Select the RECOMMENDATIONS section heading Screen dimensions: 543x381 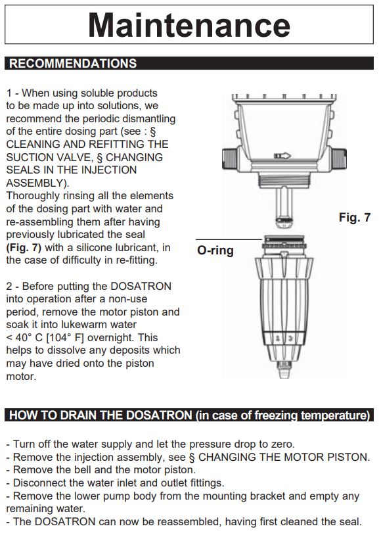tap(73, 64)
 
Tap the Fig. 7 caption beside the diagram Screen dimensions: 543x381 tap(354, 218)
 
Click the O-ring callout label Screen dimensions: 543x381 tap(215, 250)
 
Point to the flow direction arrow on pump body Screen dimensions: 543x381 tap(282, 156)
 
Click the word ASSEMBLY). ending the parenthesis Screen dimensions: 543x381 tap(37, 183)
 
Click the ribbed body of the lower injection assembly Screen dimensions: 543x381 tap(288, 309)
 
